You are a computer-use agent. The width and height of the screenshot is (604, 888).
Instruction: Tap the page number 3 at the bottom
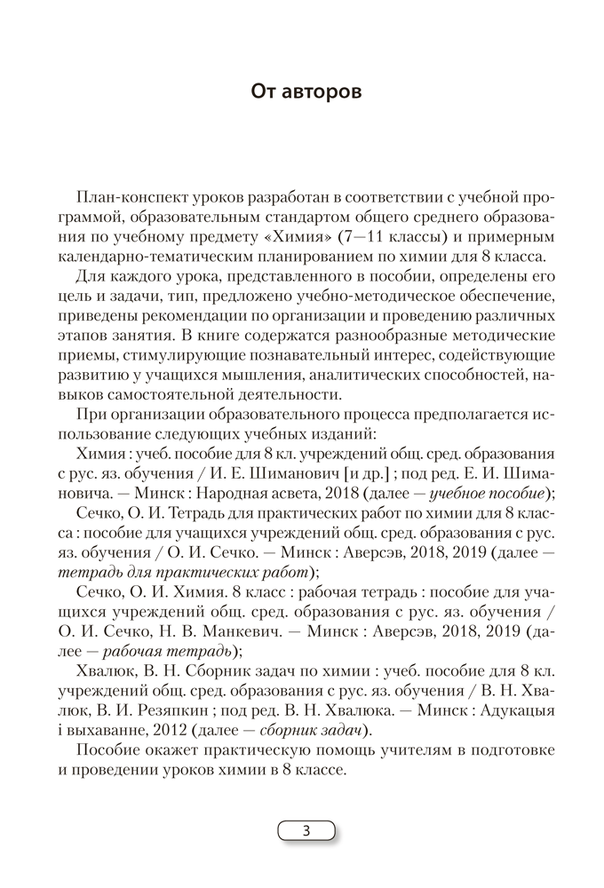click(x=306, y=831)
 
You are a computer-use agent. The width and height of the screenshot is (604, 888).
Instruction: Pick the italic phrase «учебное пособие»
click(x=491, y=494)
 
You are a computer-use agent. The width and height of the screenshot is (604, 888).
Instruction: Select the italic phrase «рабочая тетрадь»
click(x=152, y=651)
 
